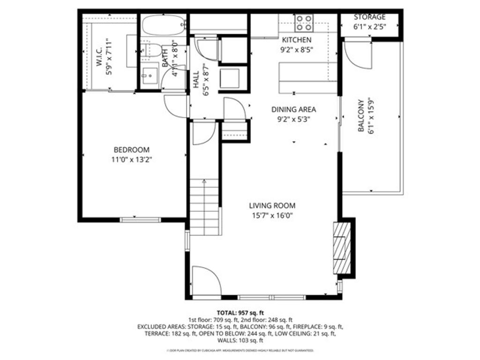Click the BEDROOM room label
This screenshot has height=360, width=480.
132,150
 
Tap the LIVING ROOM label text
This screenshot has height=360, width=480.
272,206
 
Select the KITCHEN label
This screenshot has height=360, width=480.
296,40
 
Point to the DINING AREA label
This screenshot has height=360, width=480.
293,109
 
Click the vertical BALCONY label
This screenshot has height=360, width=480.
361,115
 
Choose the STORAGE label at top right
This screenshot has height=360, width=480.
369,17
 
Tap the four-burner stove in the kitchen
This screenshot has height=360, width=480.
304,22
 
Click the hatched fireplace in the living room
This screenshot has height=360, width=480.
341,247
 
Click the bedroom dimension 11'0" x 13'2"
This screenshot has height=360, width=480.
132,160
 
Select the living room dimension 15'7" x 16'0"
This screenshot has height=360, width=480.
272,216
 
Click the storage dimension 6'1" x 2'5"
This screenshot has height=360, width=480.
369,27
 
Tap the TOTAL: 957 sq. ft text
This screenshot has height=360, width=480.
240,312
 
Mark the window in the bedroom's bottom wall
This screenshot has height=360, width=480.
134,219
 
